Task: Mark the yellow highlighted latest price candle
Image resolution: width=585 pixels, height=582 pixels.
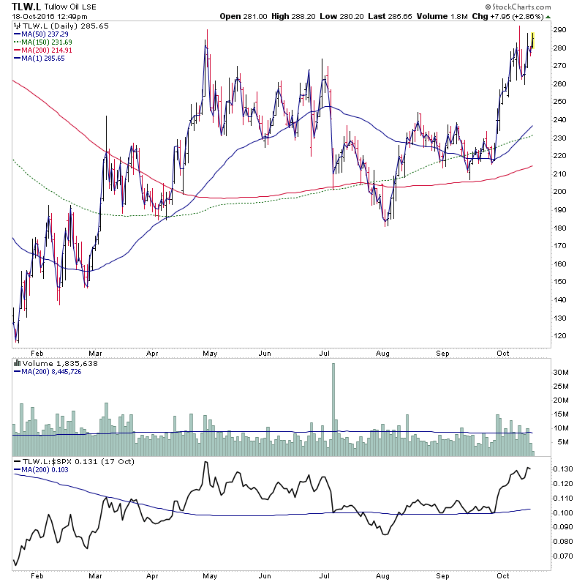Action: pyautogui.click(x=532, y=42)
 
